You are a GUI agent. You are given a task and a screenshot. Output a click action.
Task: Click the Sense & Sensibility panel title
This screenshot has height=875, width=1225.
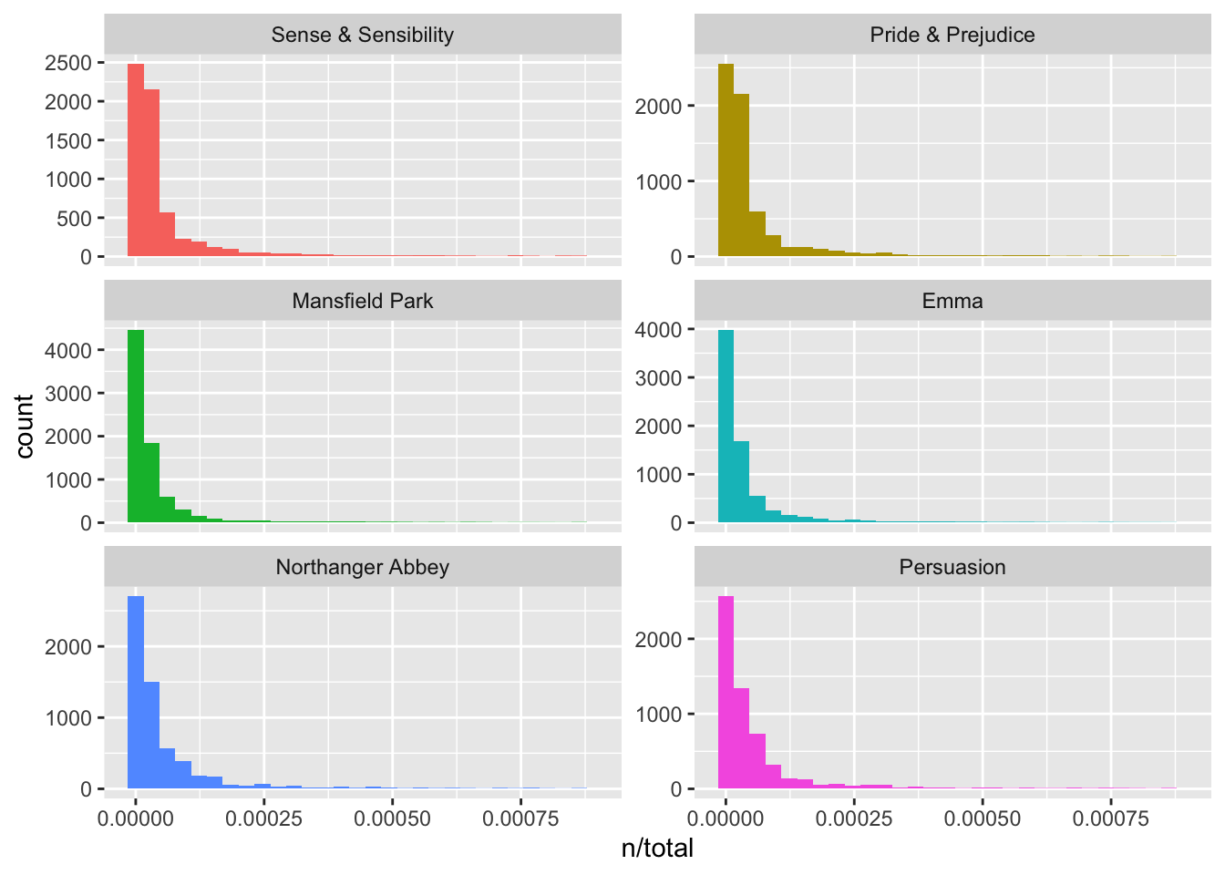pyautogui.click(x=362, y=36)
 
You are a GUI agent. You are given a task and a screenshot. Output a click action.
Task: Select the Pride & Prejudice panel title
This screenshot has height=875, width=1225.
pyautogui.click(x=952, y=36)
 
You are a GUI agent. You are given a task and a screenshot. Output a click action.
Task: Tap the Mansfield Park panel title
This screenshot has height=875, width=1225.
pyautogui.click(x=362, y=301)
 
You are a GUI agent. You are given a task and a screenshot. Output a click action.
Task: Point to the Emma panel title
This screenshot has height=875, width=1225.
pyautogui.click(x=952, y=301)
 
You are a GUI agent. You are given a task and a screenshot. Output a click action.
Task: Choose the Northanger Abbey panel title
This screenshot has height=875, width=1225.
pyautogui.click(x=362, y=567)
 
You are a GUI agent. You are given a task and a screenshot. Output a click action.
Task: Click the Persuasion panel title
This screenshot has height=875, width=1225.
pyautogui.click(x=952, y=567)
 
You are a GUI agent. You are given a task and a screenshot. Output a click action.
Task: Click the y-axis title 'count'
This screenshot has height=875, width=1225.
pyautogui.click(x=25, y=426)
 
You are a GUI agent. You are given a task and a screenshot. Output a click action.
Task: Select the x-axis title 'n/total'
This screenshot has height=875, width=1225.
pyautogui.click(x=657, y=849)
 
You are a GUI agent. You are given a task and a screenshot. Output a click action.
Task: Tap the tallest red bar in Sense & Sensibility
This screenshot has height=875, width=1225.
pyautogui.click(x=136, y=160)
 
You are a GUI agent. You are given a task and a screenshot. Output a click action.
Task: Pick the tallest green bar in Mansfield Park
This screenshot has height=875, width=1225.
pyautogui.click(x=136, y=426)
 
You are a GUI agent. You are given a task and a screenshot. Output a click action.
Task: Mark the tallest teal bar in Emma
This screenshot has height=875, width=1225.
pyautogui.click(x=726, y=426)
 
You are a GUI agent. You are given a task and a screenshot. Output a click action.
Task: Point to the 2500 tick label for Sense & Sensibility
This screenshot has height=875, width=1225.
pyautogui.click(x=68, y=63)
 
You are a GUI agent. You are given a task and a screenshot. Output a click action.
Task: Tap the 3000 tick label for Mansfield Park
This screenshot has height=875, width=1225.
pyautogui.click(x=68, y=394)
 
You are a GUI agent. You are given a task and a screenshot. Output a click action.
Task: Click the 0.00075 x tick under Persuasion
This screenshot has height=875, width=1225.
pyautogui.click(x=1111, y=818)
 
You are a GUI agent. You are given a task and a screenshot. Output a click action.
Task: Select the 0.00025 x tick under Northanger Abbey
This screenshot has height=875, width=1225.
pyautogui.click(x=265, y=818)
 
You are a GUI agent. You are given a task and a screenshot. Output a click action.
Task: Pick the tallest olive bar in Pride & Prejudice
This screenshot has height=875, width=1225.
pyautogui.click(x=726, y=160)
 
